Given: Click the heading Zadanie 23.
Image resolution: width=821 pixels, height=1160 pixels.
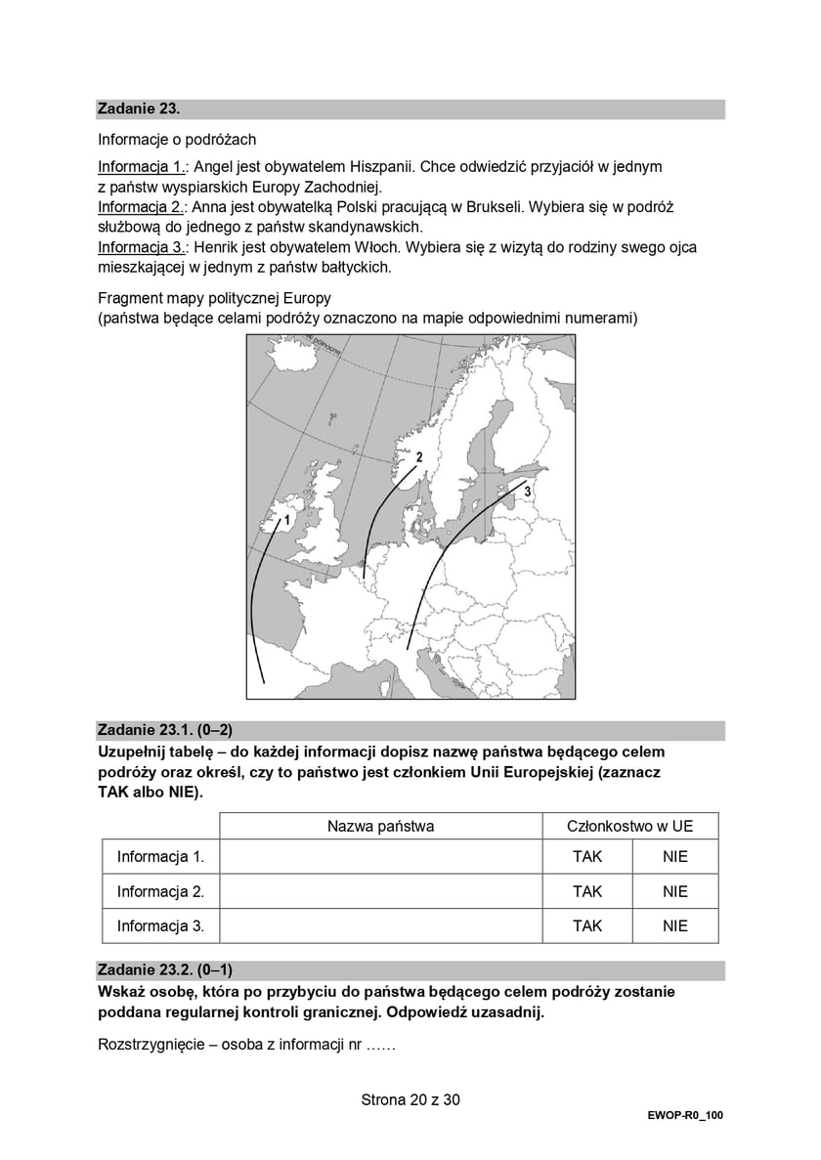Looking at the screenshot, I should tap(138, 108).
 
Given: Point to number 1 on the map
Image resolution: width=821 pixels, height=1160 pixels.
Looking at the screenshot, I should tap(273, 520).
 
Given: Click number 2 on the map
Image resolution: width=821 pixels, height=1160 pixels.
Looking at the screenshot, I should tap(418, 456).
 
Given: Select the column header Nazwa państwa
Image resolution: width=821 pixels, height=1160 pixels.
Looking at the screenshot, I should tap(380, 826).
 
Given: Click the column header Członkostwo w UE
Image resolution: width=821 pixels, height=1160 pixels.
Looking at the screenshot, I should tap(630, 826).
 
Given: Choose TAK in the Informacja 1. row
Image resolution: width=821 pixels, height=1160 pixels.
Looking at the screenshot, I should tap(587, 857).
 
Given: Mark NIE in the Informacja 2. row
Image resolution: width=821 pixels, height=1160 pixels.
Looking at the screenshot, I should tap(674, 891).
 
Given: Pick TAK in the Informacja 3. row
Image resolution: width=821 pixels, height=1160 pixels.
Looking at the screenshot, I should tap(587, 925).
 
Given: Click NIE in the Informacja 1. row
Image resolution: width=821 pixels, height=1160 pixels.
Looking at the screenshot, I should tap(674, 857).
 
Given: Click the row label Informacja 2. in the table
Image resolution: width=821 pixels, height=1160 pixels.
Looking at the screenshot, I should tap(160, 891).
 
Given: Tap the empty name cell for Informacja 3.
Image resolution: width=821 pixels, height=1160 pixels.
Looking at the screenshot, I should tap(380, 925).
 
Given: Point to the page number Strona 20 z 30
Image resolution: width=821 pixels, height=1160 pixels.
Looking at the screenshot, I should tap(410, 1099).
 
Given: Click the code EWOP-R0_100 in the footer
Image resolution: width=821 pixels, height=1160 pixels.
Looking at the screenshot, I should tap(684, 1115).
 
